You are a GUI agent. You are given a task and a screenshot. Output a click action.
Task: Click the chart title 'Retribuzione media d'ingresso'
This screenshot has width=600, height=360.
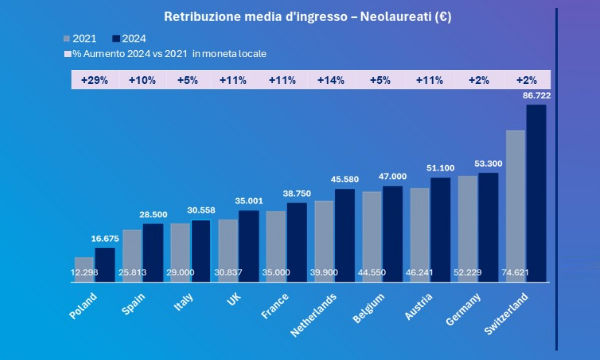point(290,17)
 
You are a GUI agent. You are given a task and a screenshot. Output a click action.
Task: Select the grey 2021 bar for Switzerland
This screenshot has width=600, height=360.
point(516,205)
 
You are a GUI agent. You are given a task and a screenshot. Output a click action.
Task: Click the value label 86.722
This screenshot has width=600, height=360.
point(535,94)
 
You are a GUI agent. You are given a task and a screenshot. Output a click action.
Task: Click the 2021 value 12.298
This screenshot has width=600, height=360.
point(85,273)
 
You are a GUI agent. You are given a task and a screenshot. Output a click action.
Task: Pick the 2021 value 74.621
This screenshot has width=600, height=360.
point(516,273)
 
